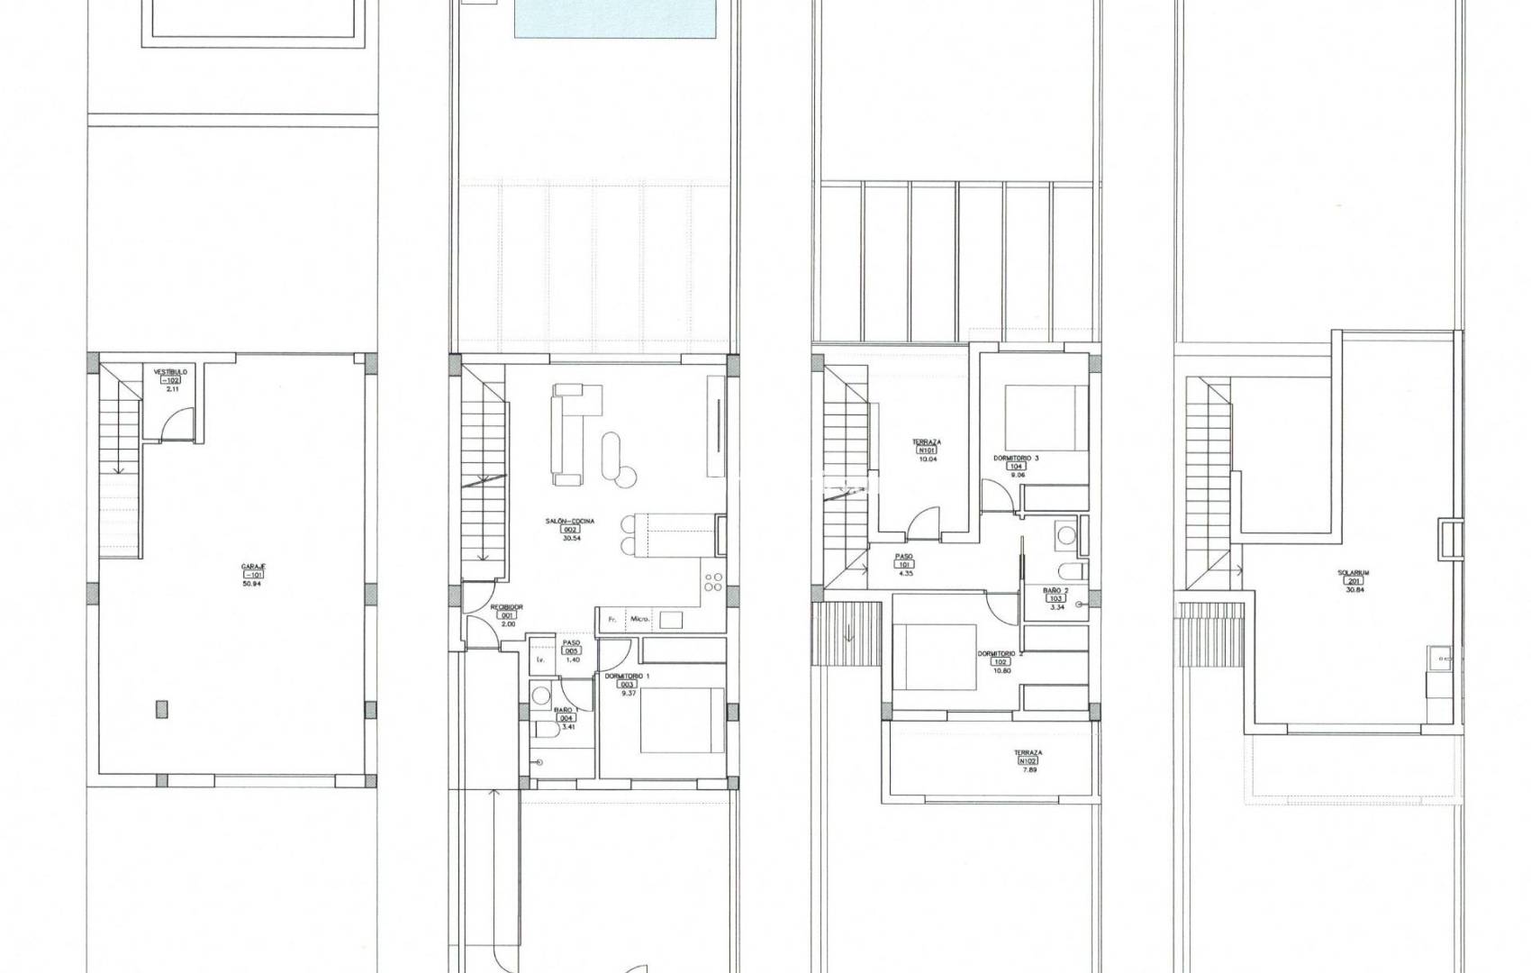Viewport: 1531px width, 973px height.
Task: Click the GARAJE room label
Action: [252, 566]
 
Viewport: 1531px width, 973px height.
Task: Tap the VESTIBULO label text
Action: [169, 371]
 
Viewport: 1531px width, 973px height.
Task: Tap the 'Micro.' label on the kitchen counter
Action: [640, 619]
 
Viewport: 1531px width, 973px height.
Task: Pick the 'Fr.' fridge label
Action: [612, 619]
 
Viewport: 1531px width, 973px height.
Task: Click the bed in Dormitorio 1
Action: [682, 720]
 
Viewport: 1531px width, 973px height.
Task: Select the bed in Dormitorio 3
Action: [1045, 416]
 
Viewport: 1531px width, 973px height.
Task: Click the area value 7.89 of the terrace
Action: [1028, 770]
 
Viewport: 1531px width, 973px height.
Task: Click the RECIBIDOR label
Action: [507, 607]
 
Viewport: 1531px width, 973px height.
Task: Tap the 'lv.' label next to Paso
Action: [540, 659]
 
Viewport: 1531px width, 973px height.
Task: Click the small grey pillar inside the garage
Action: [160, 709]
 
